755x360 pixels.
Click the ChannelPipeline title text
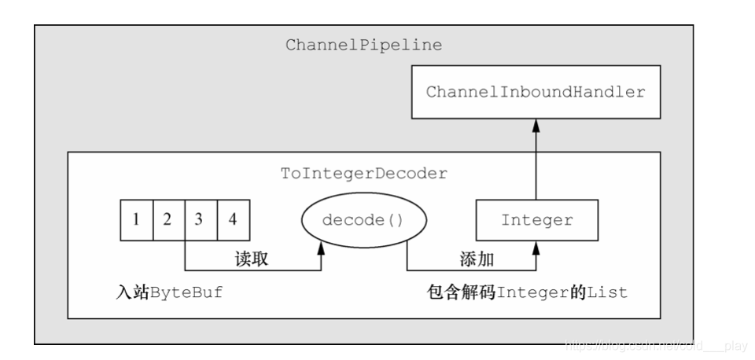[x=363, y=46]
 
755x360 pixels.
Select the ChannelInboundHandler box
[x=536, y=92]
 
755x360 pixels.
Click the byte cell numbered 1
[x=135, y=219]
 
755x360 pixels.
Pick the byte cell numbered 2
[x=168, y=219]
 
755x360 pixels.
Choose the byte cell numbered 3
[x=200, y=219]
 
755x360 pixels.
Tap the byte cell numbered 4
[x=233, y=219]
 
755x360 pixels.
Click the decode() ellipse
[x=363, y=220]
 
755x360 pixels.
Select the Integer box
[x=536, y=220]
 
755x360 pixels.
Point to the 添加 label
[x=474, y=259]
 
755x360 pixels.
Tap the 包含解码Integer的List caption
[x=521, y=292]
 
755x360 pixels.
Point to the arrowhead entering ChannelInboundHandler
[x=536, y=124]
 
